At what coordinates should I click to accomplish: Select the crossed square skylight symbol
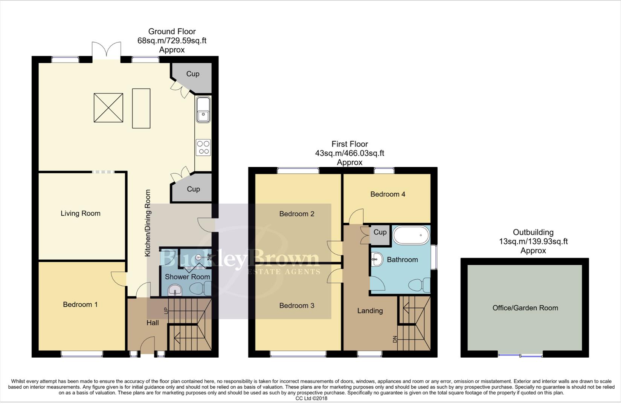click(108, 108)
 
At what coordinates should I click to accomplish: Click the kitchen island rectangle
click(141, 109)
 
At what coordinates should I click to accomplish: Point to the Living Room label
click(81, 214)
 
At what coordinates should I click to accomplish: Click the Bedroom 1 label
click(80, 304)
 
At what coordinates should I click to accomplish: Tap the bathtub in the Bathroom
click(411, 236)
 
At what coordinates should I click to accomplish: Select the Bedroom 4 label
click(388, 194)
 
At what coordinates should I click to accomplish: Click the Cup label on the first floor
click(380, 232)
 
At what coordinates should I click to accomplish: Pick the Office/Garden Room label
click(525, 308)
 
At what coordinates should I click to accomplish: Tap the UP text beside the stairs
click(165, 311)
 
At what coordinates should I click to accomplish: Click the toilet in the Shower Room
click(200, 289)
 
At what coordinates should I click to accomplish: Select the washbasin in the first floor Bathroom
click(377, 259)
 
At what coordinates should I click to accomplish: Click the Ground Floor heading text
click(172, 32)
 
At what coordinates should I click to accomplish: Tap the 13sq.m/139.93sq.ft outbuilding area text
click(533, 242)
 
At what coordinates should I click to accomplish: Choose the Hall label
click(153, 323)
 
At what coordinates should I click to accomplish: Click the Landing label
click(370, 311)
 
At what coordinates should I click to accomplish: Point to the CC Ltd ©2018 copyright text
click(311, 398)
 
